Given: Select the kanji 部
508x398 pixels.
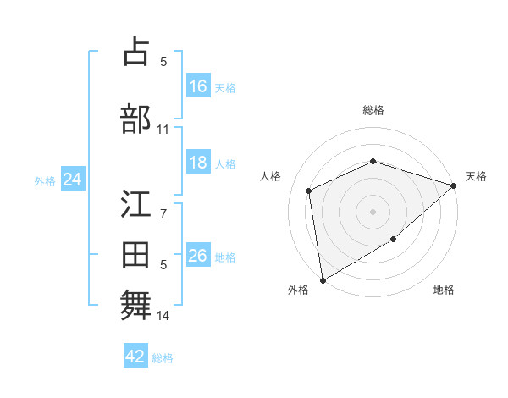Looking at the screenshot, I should click(135, 119).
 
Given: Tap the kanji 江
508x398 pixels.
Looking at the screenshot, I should click(135, 204).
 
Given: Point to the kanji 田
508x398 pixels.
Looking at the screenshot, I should click(135, 256).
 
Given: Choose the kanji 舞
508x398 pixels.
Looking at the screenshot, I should click(135, 306).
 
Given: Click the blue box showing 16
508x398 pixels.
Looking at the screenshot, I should click(198, 86).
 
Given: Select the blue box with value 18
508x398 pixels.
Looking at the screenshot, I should click(198, 163).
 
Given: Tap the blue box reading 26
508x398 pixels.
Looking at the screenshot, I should click(198, 256).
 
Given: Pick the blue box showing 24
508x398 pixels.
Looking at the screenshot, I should click(72, 180).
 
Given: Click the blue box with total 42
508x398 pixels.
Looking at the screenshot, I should click(135, 357).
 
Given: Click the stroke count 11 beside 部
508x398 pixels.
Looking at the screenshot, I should click(163, 130).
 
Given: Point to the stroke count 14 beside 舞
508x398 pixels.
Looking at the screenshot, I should click(163, 316).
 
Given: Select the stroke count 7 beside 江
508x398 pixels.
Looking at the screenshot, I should click(163, 213).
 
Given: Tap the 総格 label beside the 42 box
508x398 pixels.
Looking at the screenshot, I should click(163, 358).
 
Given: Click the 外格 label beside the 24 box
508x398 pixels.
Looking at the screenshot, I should click(45, 180).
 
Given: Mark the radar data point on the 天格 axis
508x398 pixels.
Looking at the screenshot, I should click(454, 186).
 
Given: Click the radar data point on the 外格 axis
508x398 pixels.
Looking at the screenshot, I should click(323, 279).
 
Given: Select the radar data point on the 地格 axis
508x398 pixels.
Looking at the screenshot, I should click(394, 240).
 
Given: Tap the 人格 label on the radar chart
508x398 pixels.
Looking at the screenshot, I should click(271, 176).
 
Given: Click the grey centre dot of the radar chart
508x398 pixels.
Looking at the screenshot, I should click(373, 211).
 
